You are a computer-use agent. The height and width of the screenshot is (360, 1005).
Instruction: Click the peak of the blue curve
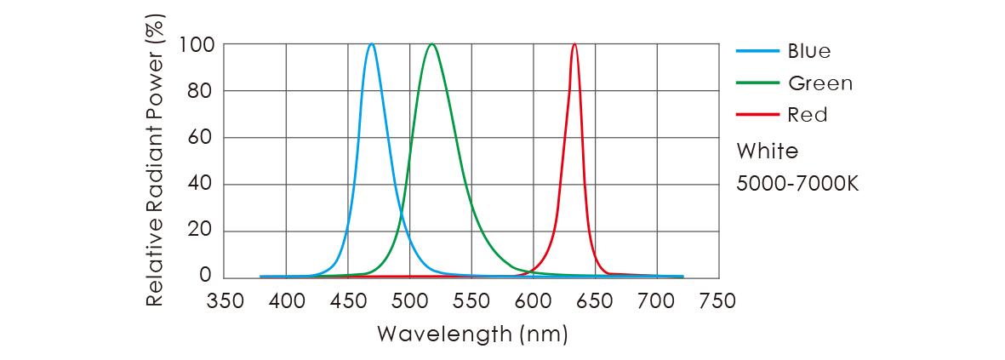click(x=372, y=44)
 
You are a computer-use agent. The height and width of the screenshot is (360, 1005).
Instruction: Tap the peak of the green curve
click(x=432, y=44)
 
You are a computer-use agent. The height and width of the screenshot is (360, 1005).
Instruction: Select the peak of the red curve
click(x=574, y=44)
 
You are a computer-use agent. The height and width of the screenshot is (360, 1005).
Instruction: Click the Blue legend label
click(x=808, y=51)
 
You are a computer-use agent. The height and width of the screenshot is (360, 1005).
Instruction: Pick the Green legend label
click(x=819, y=83)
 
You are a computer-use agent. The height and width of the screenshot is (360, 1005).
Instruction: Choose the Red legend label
click(x=807, y=115)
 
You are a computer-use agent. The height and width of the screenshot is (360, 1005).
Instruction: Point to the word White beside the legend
click(x=767, y=151)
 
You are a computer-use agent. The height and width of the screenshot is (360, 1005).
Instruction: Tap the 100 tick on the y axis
click(x=196, y=44)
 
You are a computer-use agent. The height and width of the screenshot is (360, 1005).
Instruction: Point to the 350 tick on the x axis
click(x=225, y=301)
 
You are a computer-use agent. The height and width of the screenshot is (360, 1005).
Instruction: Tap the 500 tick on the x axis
click(x=409, y=301)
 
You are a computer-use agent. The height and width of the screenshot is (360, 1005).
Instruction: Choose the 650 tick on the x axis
click(x=595, y=301)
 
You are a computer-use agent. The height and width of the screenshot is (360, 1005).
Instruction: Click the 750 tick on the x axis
click(x=717, y=301)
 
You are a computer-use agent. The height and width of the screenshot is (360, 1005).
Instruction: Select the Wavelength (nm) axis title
click(x=471, y=334)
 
